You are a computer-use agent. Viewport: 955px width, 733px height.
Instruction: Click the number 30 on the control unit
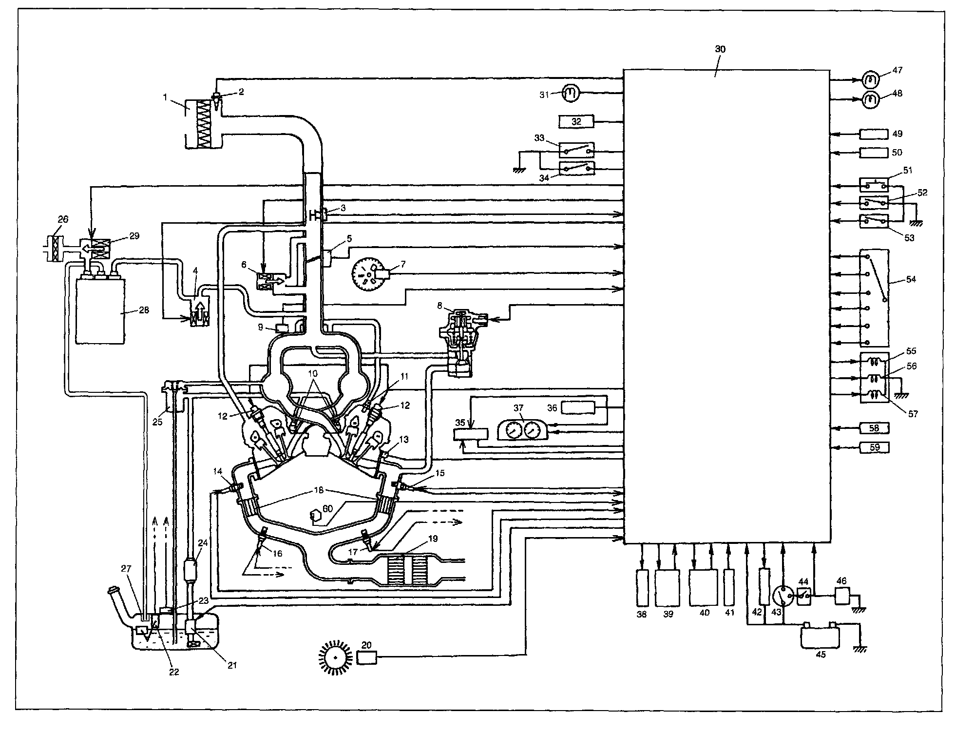point(720,49)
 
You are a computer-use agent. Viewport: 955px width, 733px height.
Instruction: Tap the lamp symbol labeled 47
point(871,78)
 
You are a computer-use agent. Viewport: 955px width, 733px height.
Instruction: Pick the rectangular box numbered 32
point(576,121)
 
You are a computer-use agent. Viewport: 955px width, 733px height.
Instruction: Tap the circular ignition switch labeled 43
point(783,596)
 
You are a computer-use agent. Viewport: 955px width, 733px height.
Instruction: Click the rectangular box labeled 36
point(578,407)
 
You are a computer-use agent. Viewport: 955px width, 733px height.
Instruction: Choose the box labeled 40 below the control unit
point(704,587)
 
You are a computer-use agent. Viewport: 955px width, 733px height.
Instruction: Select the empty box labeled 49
point(874,134)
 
